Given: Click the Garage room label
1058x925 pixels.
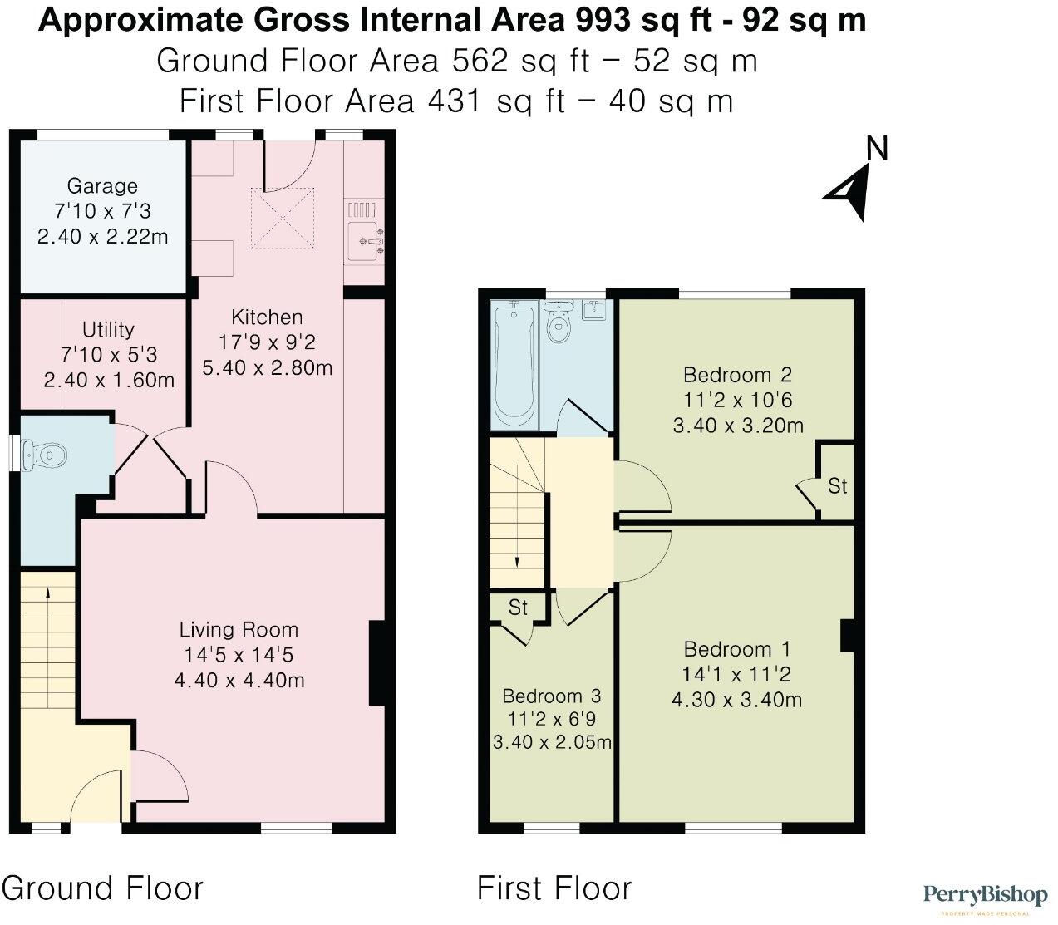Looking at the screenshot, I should point(102,186).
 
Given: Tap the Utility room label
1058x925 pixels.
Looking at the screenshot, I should point(108,330).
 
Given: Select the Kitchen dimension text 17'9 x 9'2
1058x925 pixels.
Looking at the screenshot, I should point(267,342).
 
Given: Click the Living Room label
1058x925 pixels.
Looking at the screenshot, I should point(239,630).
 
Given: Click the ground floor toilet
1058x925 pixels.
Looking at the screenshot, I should point(46,455).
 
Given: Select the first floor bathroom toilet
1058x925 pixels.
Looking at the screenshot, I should point(559,321).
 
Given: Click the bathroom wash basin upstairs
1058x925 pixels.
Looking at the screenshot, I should point(595,309).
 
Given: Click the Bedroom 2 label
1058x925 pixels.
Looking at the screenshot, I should point(737,373).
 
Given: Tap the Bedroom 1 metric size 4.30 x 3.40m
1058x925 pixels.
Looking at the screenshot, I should point(736,700).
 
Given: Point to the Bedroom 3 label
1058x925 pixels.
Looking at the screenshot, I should point(551,696).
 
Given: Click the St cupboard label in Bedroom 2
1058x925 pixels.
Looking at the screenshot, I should point(837,485).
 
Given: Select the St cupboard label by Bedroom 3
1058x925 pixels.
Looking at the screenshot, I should point(518,608).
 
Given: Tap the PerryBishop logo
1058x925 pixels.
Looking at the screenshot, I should point(985,897).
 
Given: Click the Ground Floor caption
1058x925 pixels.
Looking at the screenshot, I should point(102,888).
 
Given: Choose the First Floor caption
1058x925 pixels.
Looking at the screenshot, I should point(554,888).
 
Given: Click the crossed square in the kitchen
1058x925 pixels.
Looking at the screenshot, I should point(284,218).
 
